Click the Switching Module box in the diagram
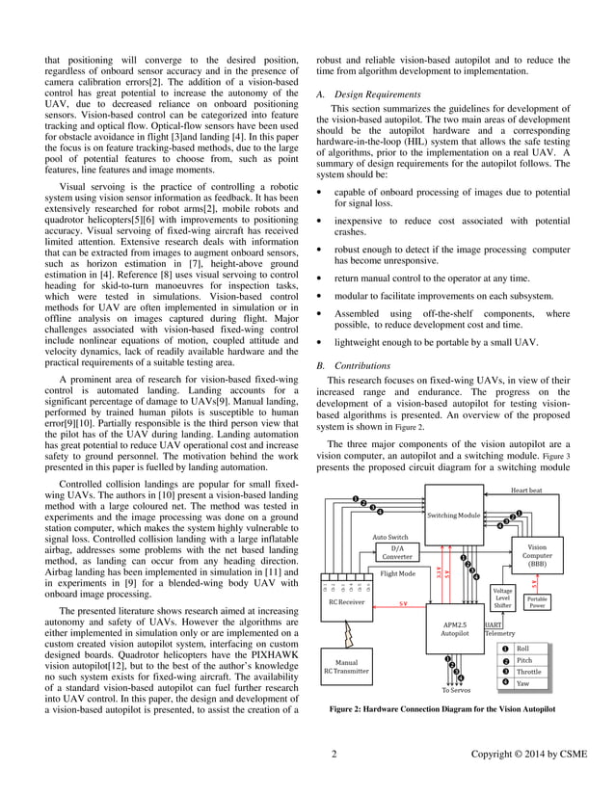(454, 517)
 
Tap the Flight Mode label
(397, 573)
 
